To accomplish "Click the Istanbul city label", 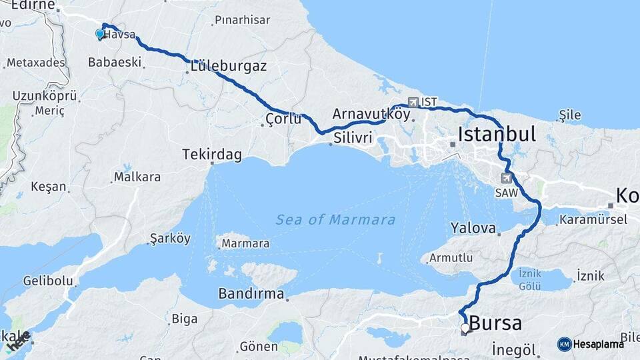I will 497,134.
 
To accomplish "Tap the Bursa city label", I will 495,323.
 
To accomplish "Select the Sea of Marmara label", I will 335,219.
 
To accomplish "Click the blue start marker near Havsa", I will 100,33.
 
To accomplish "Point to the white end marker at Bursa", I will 465,328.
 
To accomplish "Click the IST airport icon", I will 414,102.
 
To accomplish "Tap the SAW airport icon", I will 507,178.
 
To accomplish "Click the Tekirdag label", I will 212,155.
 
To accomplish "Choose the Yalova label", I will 473,228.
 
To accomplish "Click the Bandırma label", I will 251,293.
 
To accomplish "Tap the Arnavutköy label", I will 371,113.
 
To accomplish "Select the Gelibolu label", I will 48,281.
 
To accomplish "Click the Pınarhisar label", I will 243,20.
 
